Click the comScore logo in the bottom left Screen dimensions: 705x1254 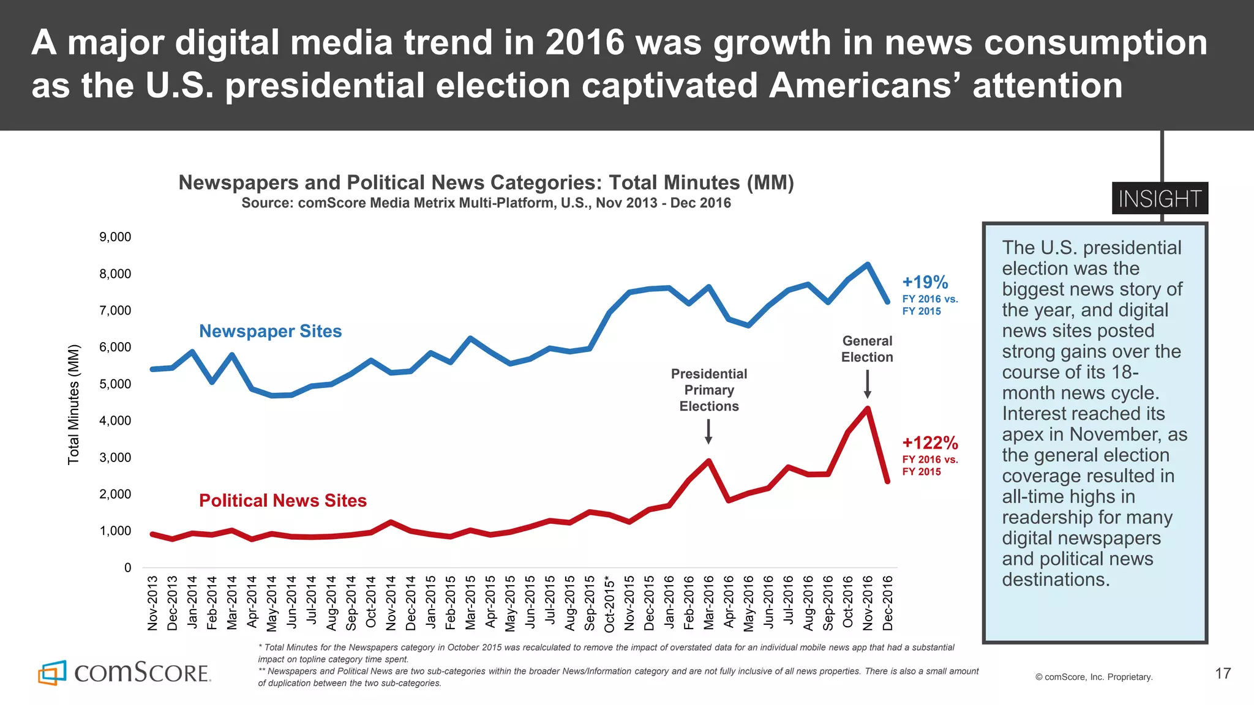coord(124,673)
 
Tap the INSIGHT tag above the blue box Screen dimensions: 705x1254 coord(1160,199)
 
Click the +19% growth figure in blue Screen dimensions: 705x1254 coord(925,282)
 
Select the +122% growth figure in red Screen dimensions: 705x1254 coord(930,442)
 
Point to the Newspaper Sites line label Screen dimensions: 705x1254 coord(270,331)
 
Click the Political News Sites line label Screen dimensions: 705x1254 coord(282,501)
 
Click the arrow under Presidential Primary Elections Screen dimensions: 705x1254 coord(708,431)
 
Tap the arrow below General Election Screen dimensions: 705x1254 coord(867,384)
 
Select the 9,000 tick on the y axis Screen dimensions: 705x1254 coord(115,237)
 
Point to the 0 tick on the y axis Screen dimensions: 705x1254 coord(127,567)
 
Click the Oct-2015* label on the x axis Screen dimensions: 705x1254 coord(610,603)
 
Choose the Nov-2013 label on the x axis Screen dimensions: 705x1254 coord(152,603)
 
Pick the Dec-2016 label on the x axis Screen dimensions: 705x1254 coord(888,603)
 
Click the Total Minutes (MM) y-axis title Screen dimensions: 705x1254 coord(73,405)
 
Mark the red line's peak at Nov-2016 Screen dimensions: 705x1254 coord(867,409)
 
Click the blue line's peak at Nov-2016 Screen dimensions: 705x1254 coord(867,264)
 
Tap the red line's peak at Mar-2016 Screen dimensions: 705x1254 coord(708,461)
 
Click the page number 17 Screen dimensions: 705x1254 coord(1222,674)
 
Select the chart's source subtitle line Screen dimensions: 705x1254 coord(486,203)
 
